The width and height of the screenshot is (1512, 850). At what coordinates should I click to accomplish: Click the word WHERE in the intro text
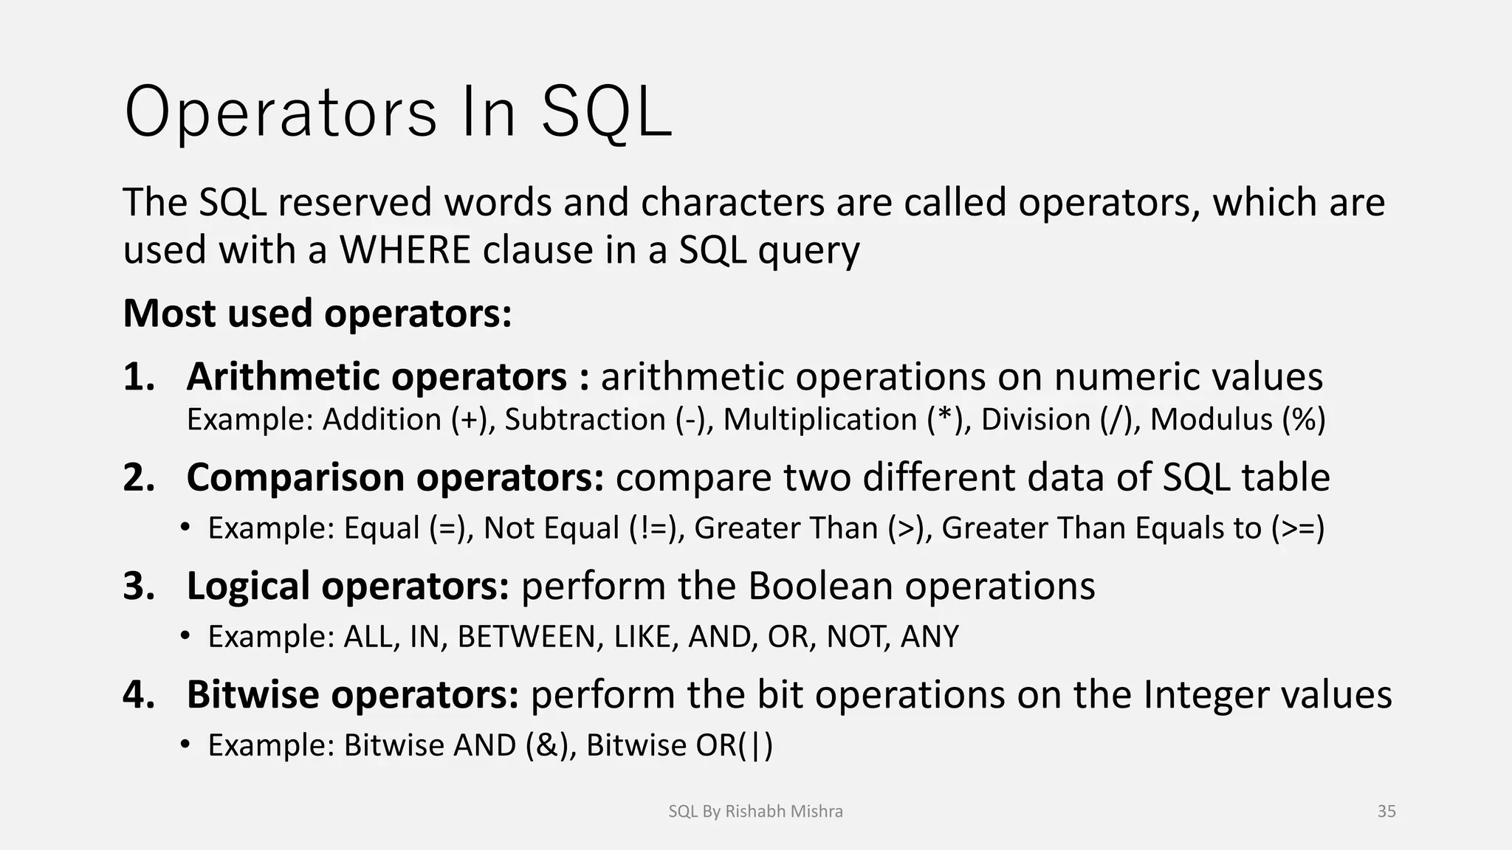pyautogui.click(x=405, y=249)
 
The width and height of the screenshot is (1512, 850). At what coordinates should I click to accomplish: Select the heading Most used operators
pyautogui.click(x=317, y=313)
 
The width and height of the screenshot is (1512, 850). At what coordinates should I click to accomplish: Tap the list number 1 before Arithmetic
pyautogui.click(x=138, y=377)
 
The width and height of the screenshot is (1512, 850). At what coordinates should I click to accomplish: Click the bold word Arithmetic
pyautogui.click(x=286, y=377)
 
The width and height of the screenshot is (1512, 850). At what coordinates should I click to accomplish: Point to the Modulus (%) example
pyautogui.click(x=1237, y=419)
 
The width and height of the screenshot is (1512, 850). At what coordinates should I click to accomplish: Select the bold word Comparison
pyautogui.click(x=299, y=477)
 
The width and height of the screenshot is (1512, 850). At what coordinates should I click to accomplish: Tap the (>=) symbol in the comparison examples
pyautogui.click(x=1298, y=528)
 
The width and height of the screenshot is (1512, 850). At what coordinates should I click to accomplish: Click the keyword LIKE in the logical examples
pyautogui.click(x=645, y=637)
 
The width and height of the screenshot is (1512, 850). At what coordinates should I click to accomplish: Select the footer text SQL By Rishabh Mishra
pyautogui.click(x=755, y=812)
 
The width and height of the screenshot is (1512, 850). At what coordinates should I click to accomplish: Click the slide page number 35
pyautogui.click(x=1386, y=812)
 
